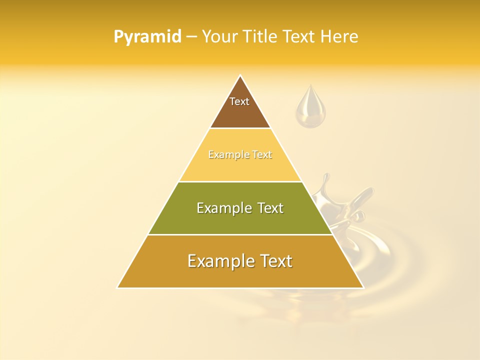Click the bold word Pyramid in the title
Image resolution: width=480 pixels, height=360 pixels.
point(147,37)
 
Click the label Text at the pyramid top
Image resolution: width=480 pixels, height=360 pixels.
point(239,101)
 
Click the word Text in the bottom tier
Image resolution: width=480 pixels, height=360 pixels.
point(274,261)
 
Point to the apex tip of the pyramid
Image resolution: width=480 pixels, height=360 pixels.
point(240,76)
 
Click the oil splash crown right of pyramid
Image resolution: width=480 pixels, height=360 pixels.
point(345,205)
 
